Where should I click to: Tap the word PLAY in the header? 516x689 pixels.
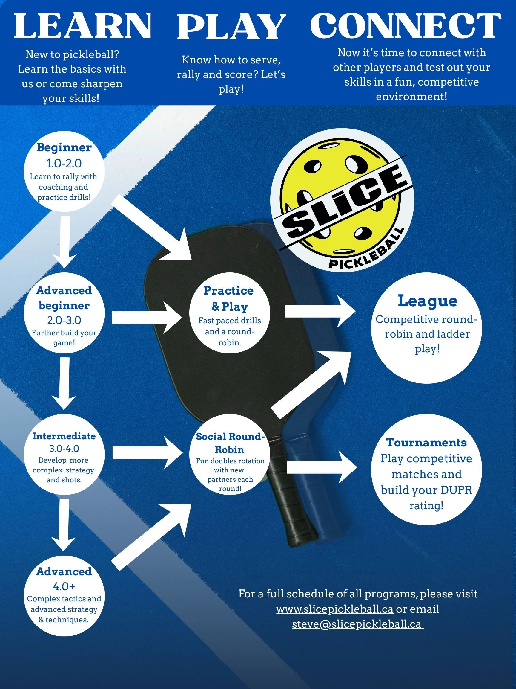point(231,27)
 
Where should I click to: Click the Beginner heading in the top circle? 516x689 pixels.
point(64,147)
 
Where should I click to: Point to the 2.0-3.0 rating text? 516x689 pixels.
point(64,320)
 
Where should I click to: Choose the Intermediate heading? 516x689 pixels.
point(64,436)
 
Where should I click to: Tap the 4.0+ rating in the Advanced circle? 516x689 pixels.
point(64,586)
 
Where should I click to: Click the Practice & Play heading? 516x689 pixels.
point(229,298)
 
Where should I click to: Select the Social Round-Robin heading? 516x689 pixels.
point(230,443)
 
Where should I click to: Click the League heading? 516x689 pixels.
point(427,301)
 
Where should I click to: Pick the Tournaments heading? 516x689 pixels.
point(426,442)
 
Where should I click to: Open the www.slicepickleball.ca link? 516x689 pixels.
point(335,609)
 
